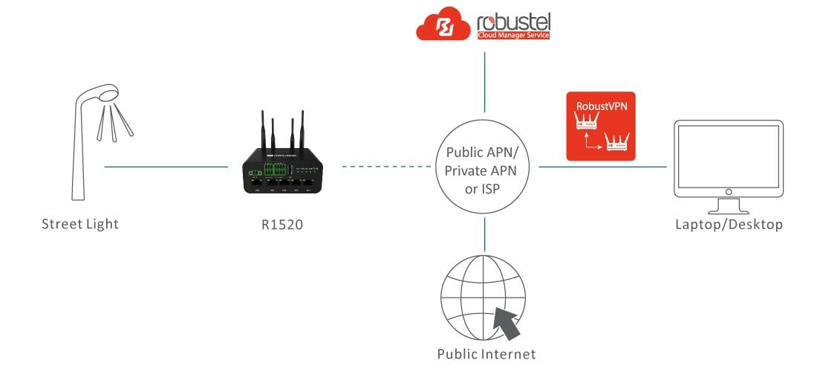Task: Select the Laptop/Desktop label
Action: pyautogui.click(x=728, y=224)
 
